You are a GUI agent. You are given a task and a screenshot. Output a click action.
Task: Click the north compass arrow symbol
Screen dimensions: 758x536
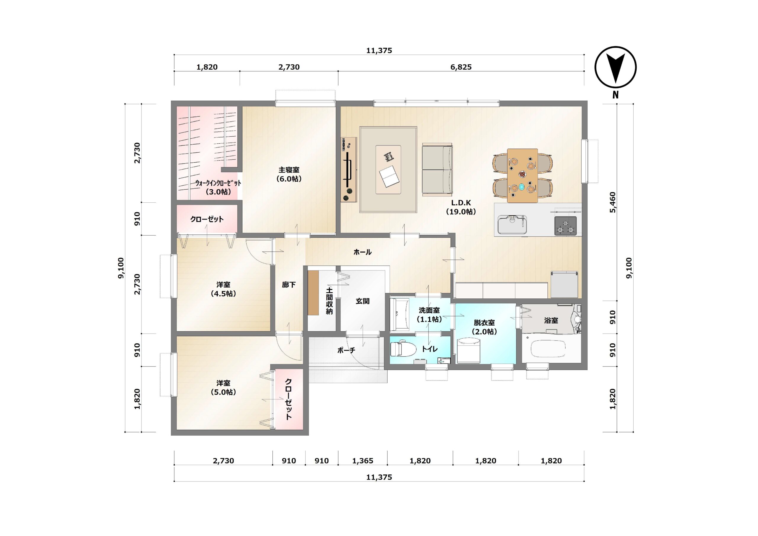point(615,68)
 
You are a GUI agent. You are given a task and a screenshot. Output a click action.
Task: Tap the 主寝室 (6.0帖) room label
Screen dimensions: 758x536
point(289,174)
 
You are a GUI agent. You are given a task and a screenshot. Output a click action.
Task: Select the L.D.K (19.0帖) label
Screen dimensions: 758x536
point(461,207)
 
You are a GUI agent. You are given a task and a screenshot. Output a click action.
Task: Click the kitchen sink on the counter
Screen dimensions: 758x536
point(512,224)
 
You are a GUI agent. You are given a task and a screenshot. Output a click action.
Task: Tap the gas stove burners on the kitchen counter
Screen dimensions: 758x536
point(565,226)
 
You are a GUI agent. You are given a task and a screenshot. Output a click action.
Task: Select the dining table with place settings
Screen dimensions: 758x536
point(522,175)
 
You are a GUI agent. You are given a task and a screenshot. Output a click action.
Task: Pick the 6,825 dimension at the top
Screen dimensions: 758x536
point(461,67)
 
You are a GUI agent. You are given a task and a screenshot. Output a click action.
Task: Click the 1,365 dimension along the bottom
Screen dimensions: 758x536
point(362,461)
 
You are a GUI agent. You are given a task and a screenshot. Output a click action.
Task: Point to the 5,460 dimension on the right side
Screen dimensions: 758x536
point(613,202)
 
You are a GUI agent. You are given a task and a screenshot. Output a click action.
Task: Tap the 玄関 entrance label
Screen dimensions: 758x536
point(362,301)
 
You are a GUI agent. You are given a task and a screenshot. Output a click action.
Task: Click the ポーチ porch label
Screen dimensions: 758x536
point(346,350)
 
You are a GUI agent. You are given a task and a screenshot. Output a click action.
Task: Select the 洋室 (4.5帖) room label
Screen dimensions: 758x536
point(224,289)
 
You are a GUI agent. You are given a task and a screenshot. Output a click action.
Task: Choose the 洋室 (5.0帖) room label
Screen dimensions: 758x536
point(224,387)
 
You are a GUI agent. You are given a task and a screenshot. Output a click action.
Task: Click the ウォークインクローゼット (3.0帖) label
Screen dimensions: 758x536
point(218,187)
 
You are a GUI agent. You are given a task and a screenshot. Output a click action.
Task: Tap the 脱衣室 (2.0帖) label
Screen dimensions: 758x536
point(484,327)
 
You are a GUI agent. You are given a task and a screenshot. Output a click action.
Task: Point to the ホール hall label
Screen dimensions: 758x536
point(362,252)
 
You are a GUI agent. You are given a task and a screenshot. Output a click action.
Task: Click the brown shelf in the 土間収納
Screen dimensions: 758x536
point(313,293)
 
